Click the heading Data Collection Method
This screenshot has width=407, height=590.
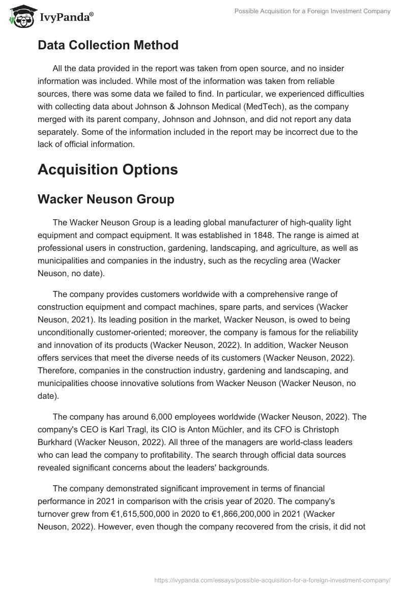pos(108,45)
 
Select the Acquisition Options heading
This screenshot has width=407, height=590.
pos(108,169)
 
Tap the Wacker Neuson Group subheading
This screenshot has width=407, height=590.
pos(106,199)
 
